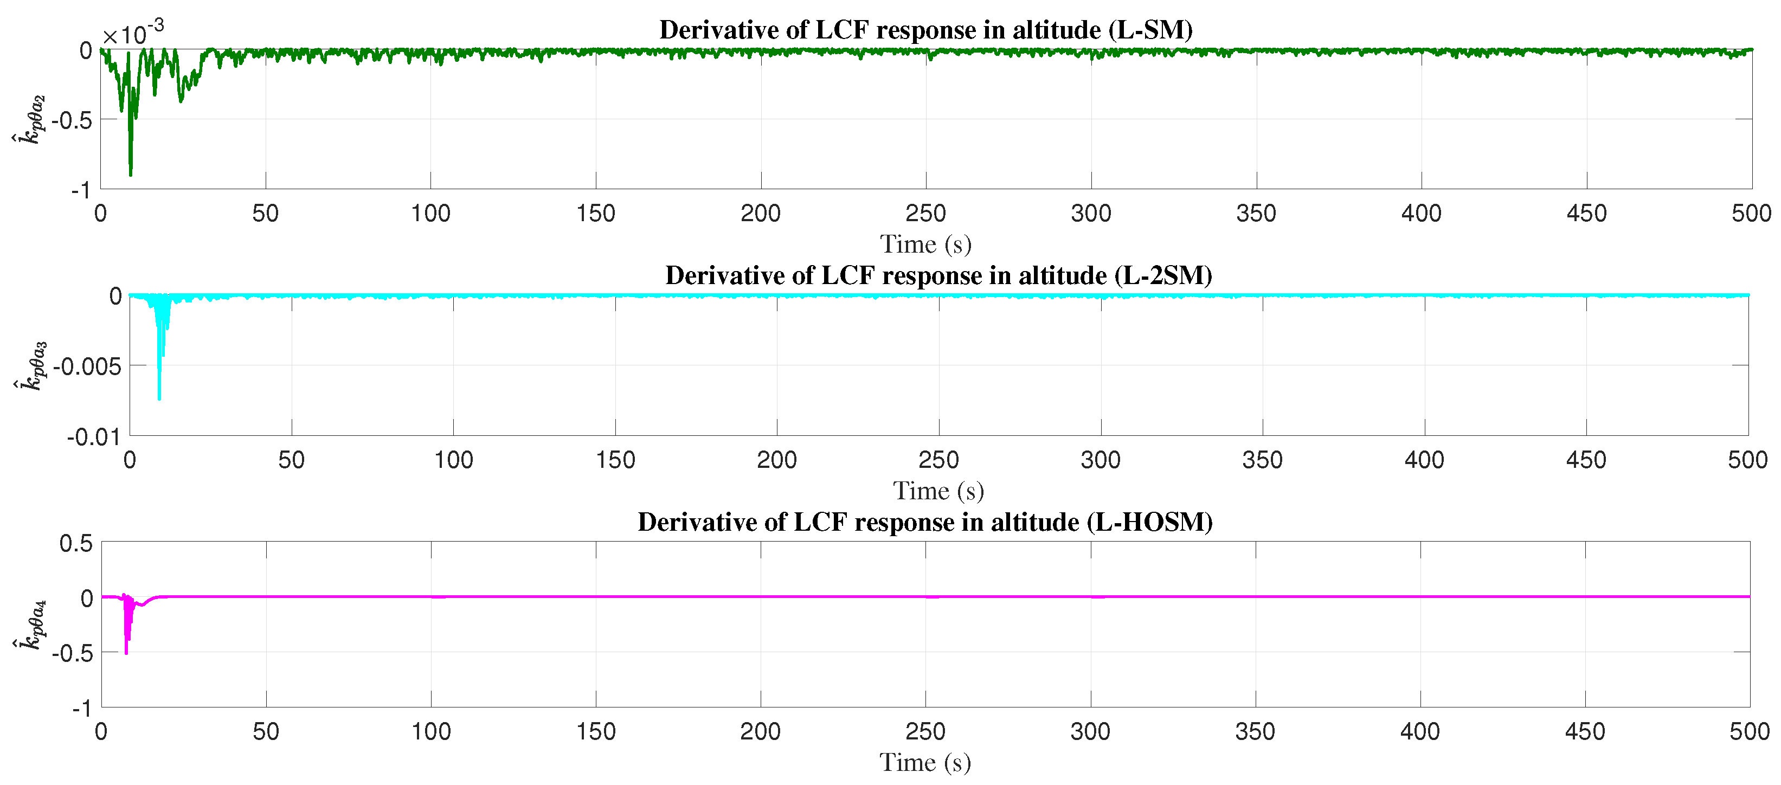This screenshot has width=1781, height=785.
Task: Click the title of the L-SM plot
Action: click(926, 30)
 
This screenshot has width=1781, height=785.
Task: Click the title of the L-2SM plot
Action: click(938, 275)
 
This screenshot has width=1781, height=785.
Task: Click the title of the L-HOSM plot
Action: click(925, 522)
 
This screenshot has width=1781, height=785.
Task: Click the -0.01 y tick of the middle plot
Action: click(93, 437)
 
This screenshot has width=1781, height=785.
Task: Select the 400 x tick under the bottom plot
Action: click(1419, 731)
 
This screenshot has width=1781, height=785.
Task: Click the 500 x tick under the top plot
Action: click(1751, 213)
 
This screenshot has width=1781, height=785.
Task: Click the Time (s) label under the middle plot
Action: click(938, 491)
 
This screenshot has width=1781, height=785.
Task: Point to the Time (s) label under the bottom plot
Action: click(925, 762)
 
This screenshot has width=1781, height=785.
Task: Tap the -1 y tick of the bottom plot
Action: click(81, 708)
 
